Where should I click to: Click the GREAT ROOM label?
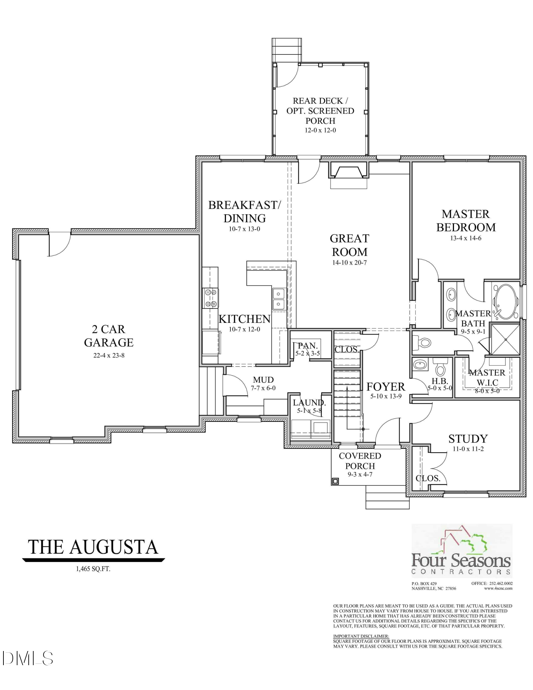coord(349,245)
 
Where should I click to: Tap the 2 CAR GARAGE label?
coord(109,336)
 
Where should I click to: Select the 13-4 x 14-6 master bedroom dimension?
coord(465,238)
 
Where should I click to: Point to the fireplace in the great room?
coord(348,171)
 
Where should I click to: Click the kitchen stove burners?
coord(210,298)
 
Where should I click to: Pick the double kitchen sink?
coord(278,299)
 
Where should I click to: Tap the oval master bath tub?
coord(506,302)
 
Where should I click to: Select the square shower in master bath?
coord(505,339)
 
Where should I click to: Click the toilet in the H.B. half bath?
coord(440,368)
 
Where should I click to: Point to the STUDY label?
coord(468,439)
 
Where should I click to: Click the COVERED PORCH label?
coord(360,461)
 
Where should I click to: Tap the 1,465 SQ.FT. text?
coord(93,569)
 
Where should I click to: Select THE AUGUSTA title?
coord(93,547)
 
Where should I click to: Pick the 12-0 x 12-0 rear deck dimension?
coord(320,130)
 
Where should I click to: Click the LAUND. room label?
coord(309,402)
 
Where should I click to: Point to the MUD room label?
coord(263,380)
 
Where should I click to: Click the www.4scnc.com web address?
coord(498,588)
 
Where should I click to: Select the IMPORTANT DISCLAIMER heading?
coord(361,636)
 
